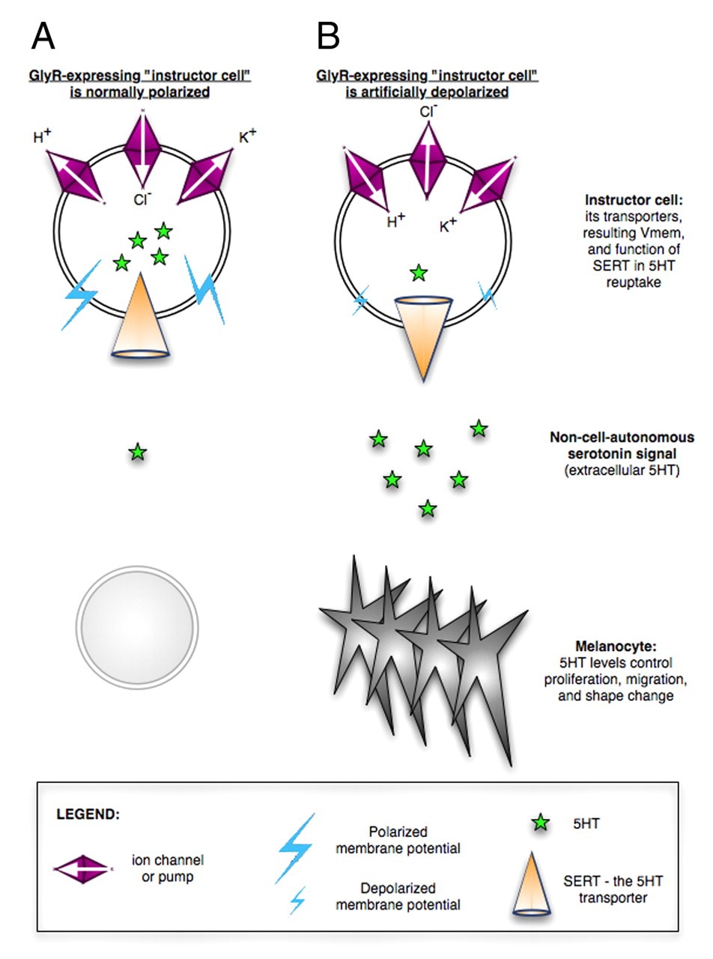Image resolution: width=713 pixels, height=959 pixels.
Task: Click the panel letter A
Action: [44, 35]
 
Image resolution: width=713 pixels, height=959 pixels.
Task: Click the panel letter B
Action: [329, 35]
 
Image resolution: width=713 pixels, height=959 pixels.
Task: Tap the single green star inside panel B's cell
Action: [419, 273]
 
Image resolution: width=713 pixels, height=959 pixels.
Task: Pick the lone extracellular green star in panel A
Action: [137, 452]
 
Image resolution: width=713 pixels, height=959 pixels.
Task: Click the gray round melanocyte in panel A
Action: [138, 625]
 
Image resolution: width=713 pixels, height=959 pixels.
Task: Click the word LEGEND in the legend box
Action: [88, 814]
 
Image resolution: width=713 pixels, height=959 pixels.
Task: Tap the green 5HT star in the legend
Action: [541, 823]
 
